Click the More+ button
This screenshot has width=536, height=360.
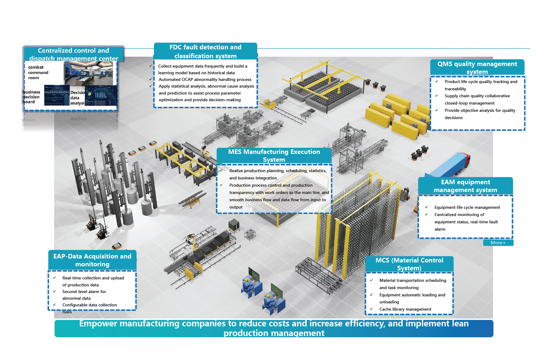pos(498,243)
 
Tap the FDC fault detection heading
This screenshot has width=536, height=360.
pos(205,52)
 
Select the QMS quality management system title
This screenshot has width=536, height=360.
pos(477,68)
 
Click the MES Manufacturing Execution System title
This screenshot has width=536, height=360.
pos(274,155)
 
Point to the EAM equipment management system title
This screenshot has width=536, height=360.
pos(465,186)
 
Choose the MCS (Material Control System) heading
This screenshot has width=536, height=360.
pos(409,264)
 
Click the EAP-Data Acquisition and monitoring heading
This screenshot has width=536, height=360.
pos(92,260)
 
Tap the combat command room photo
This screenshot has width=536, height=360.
pos(88,73)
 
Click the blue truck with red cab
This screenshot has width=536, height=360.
pos(448,166)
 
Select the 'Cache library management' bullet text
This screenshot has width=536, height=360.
pos(405,309)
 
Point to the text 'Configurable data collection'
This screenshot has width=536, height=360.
pos(89,305)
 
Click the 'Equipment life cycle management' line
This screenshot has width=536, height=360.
pos(467,207)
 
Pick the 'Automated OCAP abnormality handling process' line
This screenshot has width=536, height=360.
pos(205,79)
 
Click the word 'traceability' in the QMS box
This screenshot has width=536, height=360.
pos(455,89)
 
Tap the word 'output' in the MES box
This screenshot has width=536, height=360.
pos(236,207)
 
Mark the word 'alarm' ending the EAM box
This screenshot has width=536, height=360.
pos(440,229)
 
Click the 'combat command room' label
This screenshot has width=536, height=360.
pos(38,72)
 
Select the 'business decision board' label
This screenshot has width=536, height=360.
pos(32,97)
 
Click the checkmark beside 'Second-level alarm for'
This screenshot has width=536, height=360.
pos(55,291)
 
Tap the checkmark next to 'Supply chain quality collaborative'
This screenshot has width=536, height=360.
pos(437,95)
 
